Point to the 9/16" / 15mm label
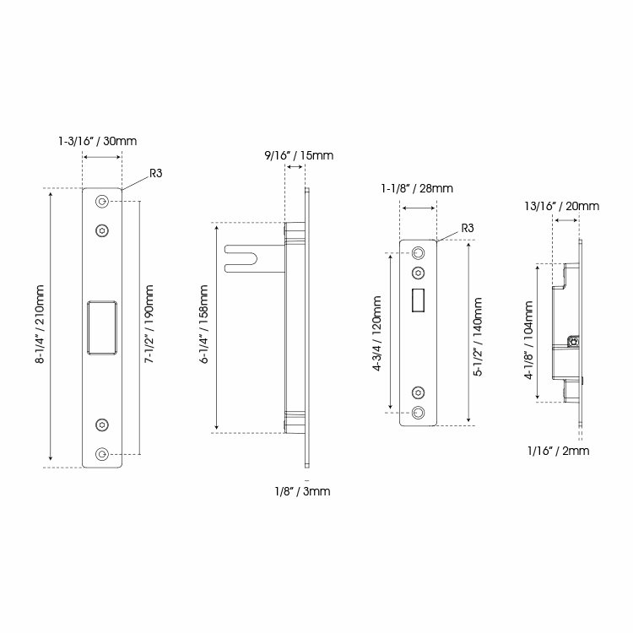pyautogui.click(x=299, y=154)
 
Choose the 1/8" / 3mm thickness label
pyautogui.click(x=302, y=491)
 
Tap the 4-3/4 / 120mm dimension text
pyautogui.click(x=376, y=331)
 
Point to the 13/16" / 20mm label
pyautogui.click(x=561, y=206)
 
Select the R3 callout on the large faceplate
pyautogui.click(x=156, y=173)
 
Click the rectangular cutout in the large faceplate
pyautogui.click(x=102, y=325)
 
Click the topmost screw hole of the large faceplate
pyautogui.click(x=102, y=202)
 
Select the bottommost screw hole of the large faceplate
pyautogui.click(x=102, y=454)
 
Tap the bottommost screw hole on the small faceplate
pyautogui.click(x=418, y=412)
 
